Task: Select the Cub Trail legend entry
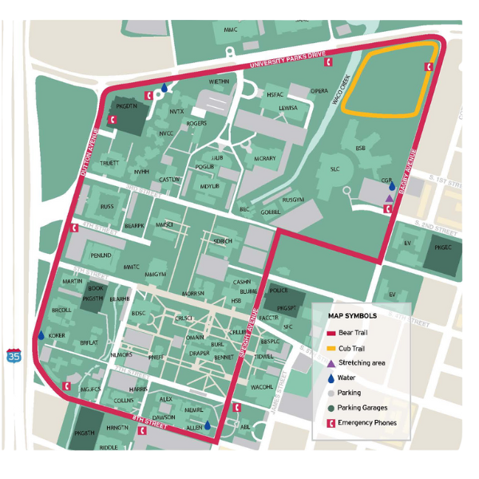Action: tap(352, 348)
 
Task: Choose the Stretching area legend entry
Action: tap(362, 362)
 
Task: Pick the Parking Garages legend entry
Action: tap(362, 408)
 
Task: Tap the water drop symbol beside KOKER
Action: tap(41, 336)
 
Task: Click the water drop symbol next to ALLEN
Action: tap(208, 426)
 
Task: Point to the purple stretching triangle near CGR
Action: tap(389, 198)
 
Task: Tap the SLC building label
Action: tap(335, 169)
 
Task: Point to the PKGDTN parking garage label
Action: tap(128, 105)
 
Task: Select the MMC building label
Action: tap(231, 30)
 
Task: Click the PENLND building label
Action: tap(101, 255)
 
